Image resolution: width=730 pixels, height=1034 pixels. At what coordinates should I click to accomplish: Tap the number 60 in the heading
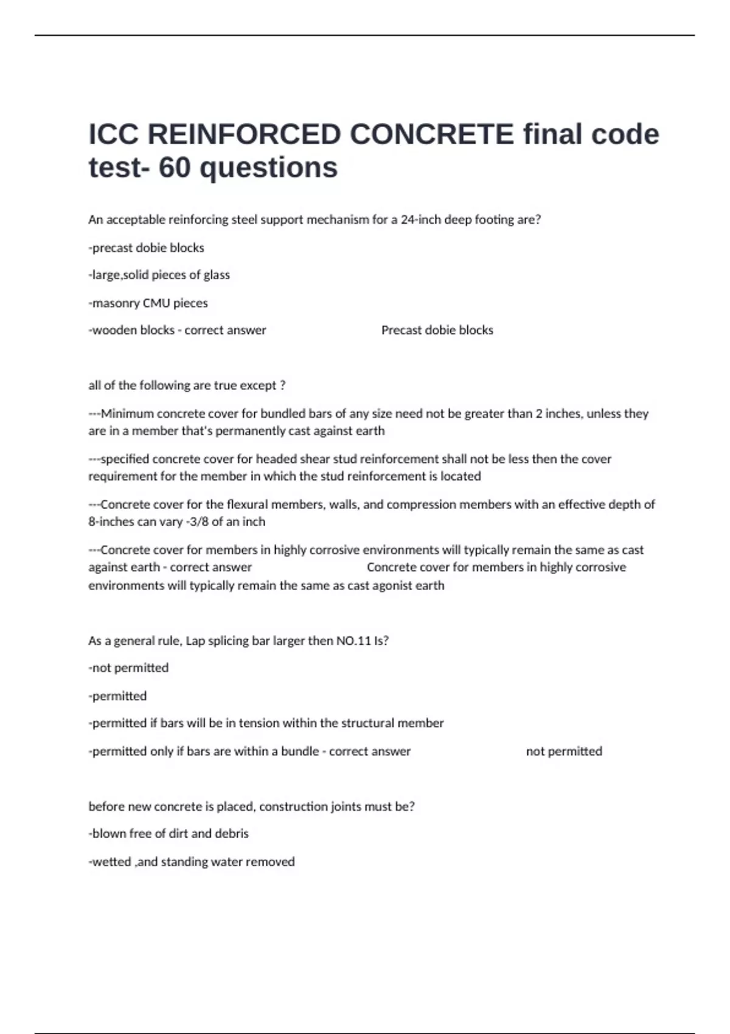[x=175, y=167]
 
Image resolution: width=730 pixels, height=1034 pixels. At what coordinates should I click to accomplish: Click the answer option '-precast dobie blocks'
[x=146, y=248]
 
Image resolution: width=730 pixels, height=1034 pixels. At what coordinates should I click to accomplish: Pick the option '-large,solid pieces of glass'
[x=159, y=275]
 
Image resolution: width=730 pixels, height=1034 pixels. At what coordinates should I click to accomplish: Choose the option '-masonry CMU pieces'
[x=148, y=303]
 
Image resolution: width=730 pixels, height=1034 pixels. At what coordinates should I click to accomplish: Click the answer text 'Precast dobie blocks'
[x=437, y=330]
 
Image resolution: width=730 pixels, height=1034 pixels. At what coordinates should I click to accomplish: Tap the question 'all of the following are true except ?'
[x=187, y=386]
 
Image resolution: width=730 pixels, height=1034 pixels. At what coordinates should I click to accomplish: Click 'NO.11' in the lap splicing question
[x=353, y=641]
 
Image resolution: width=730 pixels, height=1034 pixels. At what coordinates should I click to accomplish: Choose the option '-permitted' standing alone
[x=117, y=696]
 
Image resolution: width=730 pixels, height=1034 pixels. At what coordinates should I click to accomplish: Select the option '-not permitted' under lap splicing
[x=128, y=668]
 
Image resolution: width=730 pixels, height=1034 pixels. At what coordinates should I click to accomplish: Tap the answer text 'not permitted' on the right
[x=564, y=752]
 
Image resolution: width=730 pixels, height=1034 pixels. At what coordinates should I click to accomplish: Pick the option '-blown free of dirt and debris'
[x=169, y=834]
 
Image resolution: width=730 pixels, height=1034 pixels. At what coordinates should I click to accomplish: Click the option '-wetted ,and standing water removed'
[x=192, y=862]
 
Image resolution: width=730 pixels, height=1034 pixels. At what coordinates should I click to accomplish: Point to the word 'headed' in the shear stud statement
[x=276, y=459]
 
